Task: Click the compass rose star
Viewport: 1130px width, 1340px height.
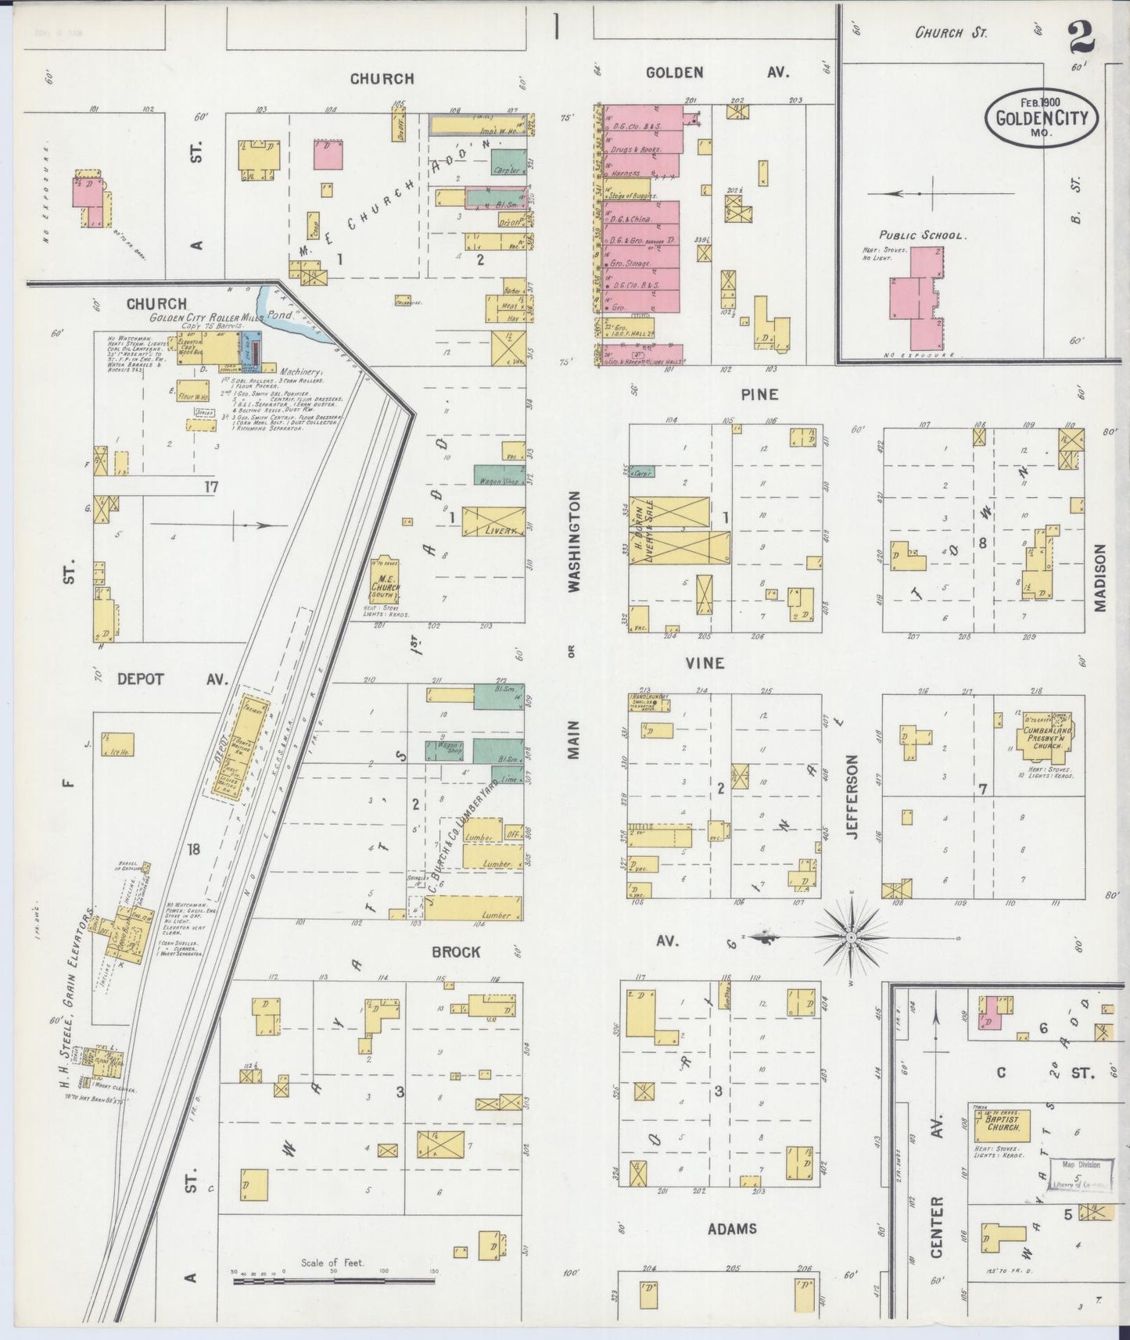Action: (x=852, y=935)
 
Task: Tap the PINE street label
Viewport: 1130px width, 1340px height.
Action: (x=759, y=395)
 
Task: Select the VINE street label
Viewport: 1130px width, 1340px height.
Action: (x=705, y=663)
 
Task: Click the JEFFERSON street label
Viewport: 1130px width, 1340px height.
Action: (x=852, y=796)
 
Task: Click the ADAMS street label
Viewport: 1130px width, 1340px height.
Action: (x=732, y=1229)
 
